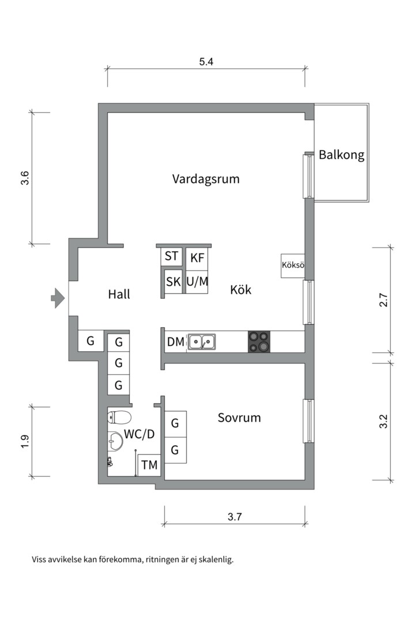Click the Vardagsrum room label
coord(206,179)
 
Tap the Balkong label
coord(342,154)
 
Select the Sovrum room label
coord(239,418)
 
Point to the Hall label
coord(119,294)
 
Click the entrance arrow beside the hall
coord(58,298)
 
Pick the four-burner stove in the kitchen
coord(259,342)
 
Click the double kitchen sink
coord(202,342)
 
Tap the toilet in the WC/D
coord(119,418)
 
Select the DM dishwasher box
coord(176,342)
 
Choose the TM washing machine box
coord(149,465)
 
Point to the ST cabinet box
coord(171,256)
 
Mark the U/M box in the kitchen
coord(197,282)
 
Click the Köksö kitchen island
coord(293,266)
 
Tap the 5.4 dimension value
coord(206,62)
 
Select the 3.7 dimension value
coord(235,517)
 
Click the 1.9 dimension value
coord(25,442)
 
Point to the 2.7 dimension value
coord(383,300)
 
